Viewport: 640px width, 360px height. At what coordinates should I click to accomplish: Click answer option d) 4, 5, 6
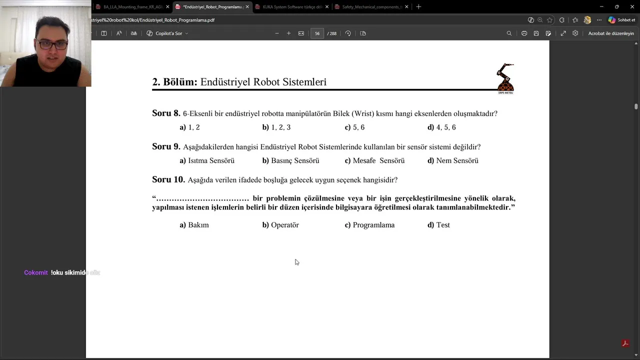[441, 127]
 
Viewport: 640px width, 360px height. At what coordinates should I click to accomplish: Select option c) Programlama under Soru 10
[369, 225]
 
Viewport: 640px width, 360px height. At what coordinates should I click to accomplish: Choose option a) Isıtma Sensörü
[207, 160]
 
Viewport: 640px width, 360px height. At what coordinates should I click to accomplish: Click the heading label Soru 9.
[166, 146]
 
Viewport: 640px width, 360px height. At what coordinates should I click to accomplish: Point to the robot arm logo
[505, 77]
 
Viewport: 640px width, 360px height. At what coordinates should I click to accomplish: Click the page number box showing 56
[317, 33]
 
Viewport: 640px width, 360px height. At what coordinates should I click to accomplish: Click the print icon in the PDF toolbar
[524, 33]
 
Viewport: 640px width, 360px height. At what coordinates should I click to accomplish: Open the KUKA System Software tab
[292, 7]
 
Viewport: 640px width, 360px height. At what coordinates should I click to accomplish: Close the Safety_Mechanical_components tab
[406, 7]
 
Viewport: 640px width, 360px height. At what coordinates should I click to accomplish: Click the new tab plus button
[418, 7]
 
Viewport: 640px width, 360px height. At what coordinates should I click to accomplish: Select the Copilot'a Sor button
[167, 33]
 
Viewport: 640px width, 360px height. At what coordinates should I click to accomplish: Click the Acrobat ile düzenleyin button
[610, 33]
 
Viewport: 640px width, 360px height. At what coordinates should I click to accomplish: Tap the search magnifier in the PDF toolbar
[509, 33]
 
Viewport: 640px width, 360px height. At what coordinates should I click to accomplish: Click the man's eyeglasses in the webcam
[52, 44]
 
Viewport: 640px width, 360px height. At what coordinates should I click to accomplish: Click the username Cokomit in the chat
[36, 272]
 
